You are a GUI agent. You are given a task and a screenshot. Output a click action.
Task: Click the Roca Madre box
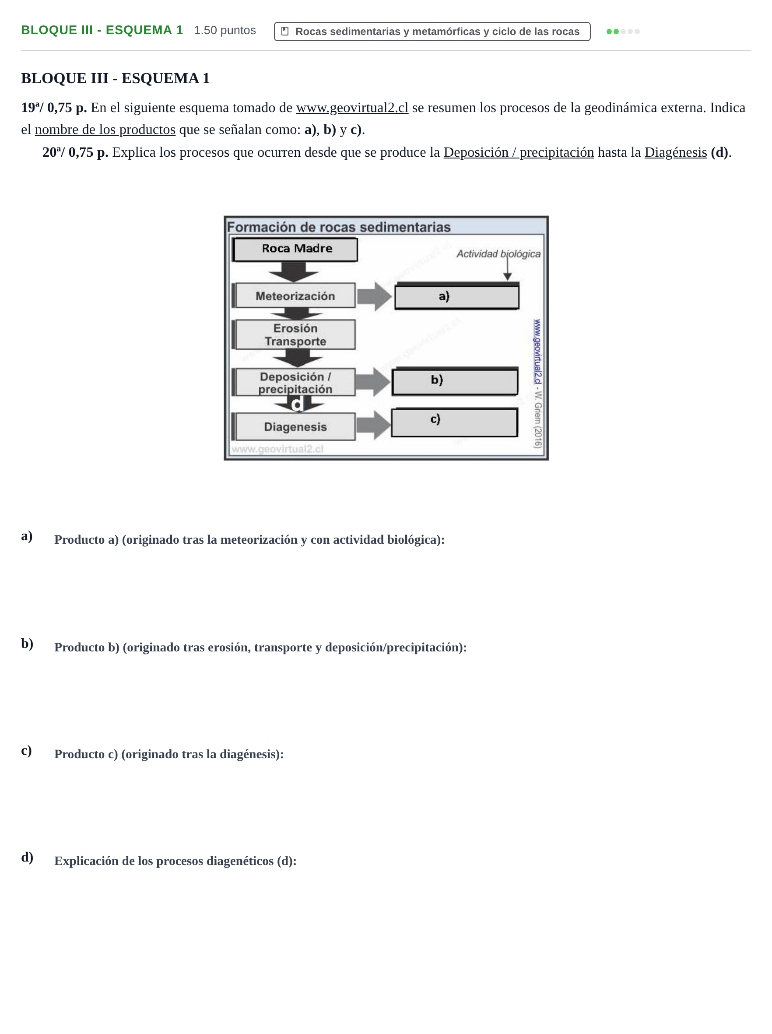[295, 249]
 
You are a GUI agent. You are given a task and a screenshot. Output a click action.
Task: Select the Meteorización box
[295, 295]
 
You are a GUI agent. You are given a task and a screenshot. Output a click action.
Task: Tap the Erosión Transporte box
[295, 334]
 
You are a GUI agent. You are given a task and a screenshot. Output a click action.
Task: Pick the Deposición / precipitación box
[295, 382]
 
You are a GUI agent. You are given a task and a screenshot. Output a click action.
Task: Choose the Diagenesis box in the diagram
[295, 426]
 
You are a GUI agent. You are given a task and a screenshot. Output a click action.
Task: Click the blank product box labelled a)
[457, 296]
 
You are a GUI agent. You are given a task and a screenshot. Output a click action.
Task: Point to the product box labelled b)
[455, 381]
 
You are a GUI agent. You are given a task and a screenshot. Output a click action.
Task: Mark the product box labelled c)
[454, 422]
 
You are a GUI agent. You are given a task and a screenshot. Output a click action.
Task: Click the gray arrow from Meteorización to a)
[374, 296]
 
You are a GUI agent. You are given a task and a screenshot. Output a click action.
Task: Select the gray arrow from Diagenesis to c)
[373, 426]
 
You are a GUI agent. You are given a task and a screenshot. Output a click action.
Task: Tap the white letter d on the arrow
[297, 404]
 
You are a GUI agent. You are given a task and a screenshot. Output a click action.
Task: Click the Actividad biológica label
[498, 254]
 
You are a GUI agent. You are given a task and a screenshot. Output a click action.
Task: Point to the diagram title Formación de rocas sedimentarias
[339, 227]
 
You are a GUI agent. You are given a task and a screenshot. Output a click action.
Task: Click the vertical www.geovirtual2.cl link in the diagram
[537, 352]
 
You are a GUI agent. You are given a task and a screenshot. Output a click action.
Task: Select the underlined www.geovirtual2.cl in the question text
[352, 108]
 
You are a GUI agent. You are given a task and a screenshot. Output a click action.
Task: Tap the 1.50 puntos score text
[225, 30]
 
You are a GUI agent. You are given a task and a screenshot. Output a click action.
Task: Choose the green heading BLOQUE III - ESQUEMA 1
[102, 30]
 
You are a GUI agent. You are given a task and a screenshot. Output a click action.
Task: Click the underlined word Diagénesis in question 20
[676, 152]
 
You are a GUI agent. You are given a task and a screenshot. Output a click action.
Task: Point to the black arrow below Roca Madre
[294, 272]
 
